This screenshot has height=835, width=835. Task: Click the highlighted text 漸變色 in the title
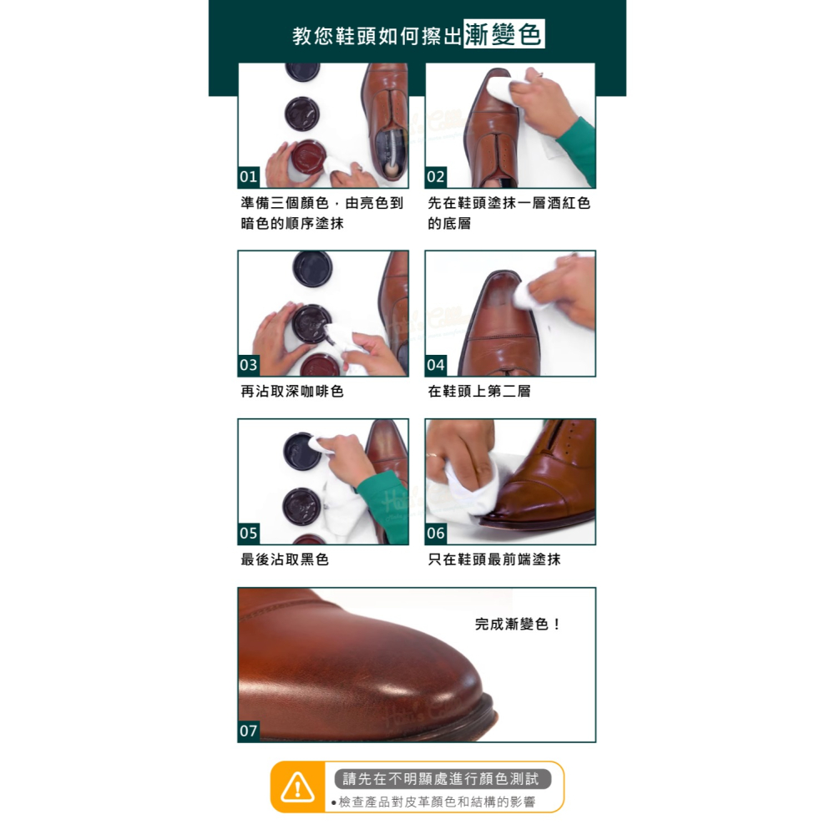click(504, 35)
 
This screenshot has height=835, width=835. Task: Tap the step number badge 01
click(249, 177)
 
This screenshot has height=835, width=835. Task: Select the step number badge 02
click(436, 177)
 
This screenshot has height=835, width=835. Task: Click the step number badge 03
click(249, 366)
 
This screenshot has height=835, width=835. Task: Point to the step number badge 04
click(436, 366)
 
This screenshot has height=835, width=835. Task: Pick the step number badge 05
click(249, 534)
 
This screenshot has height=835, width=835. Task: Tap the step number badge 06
click(436, 534)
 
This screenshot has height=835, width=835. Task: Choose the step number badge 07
click(249, 731)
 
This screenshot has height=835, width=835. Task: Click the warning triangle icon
click(298, 787)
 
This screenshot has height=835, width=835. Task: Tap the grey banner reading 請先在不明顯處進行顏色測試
click(443, 779)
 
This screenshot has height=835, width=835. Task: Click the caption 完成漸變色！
click(519, 624)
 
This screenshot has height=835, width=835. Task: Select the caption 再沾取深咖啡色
click(292, 391)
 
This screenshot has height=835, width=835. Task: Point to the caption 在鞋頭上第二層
click(479, 391)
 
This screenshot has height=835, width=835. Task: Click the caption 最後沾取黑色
click(285, 559)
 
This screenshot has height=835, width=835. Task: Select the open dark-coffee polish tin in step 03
click(309, 322)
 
